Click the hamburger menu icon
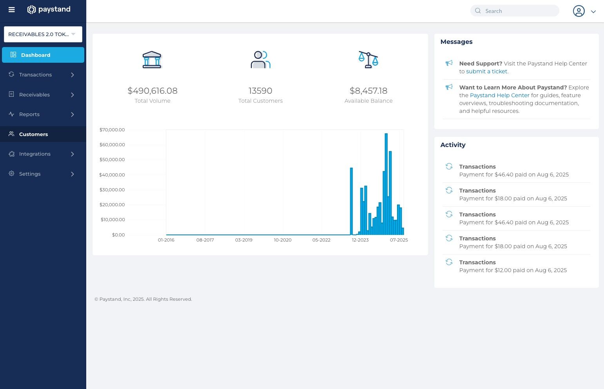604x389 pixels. [x=12, y=10]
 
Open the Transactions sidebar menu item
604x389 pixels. [x=35, y=75]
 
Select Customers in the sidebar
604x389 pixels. [x=33, y=134]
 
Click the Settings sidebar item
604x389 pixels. [x=30, y=174]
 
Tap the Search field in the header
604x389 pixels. [x=517, y=11]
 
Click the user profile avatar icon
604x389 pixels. [x=579, y=11]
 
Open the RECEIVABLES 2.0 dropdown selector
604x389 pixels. [x=43, y=34]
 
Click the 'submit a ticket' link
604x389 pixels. [x=486, y=71]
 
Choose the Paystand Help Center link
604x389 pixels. [x=499, y=95]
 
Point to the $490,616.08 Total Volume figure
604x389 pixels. [x=152, y=91]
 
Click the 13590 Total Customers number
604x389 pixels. [x=260, y=91]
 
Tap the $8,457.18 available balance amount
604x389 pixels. [x=368, y=91]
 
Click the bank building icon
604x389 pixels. [x=152, y=60]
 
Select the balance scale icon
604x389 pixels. [x=368, y=60]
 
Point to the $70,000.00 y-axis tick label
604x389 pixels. [x=112, y=130]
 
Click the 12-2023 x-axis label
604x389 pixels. [x=360, y=240]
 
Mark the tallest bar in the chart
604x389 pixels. [x=386, y=184]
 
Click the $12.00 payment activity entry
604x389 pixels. [x=513, y=267]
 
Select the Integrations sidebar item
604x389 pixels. [x=35, y=154]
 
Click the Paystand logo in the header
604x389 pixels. [x=49, y=9]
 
